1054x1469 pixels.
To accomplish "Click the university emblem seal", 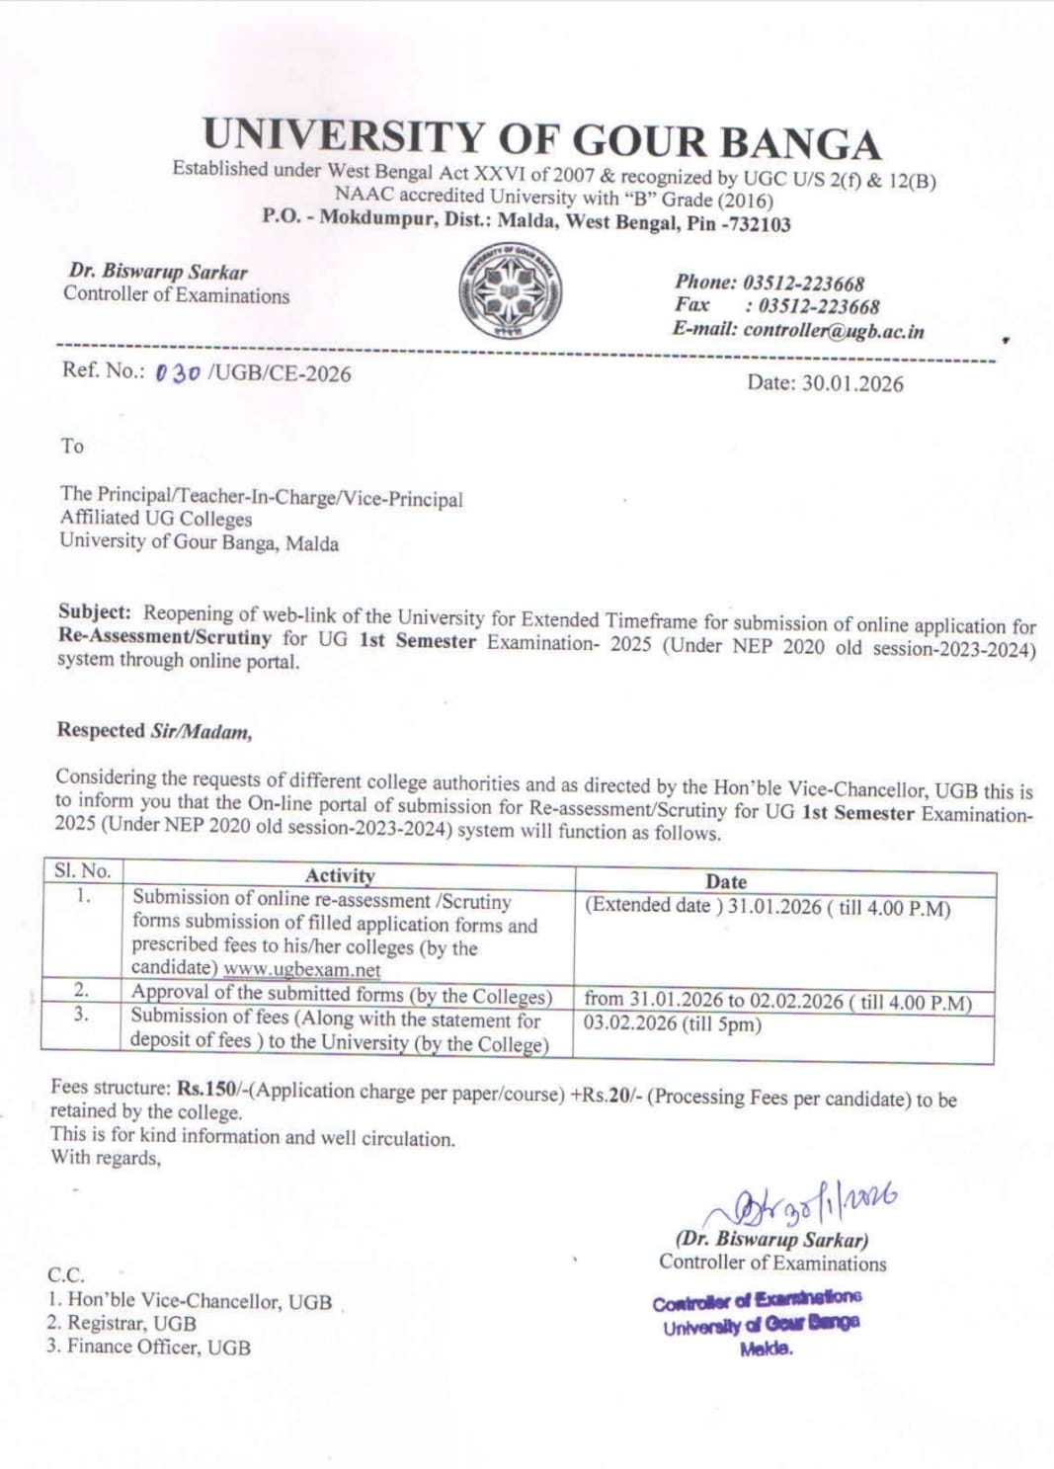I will [510, 291].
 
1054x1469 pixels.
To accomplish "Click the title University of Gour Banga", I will [541, 140].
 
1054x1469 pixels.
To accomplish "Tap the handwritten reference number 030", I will [178, 373].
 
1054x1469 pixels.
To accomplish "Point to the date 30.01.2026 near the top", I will [851, 384].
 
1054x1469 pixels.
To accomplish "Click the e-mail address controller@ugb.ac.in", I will [834, 331].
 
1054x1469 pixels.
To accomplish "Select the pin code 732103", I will [758, 224].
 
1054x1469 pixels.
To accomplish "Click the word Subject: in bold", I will [94, 612].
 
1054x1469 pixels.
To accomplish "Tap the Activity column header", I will [340, 875].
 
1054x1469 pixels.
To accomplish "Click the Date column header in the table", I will [726, 881].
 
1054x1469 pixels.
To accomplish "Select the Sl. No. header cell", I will [82, 870].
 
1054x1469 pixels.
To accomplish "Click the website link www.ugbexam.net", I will [301, 970].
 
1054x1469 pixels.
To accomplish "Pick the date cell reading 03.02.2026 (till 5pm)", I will [672, 1024].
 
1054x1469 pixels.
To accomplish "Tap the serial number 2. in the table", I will [82, 989].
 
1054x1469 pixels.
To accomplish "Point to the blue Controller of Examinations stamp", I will [758, 1322].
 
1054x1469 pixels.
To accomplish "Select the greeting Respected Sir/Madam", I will [154, 731].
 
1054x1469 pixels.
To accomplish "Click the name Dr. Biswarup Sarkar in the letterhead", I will [158, 272].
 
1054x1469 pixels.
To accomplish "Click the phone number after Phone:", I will [803, 284].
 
